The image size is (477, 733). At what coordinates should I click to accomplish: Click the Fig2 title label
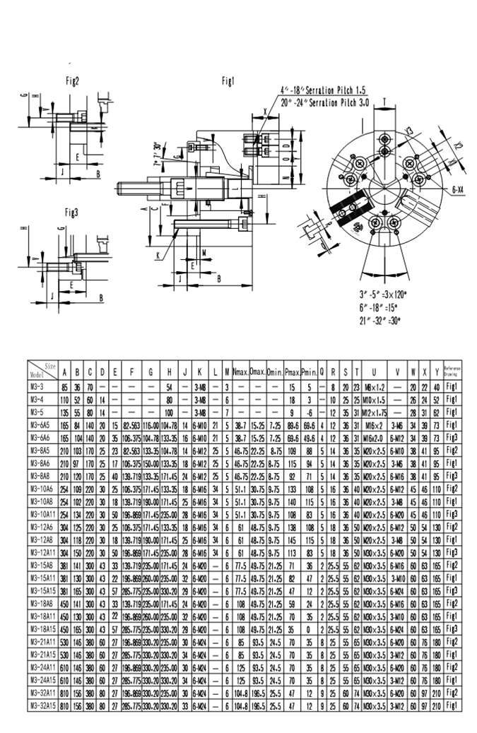coord(73,81)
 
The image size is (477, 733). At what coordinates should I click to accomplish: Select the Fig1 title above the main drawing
coord(228,81)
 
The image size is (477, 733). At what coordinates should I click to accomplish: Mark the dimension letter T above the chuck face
coord(384,102)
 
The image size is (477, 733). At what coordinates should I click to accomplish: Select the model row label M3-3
coord(36,387)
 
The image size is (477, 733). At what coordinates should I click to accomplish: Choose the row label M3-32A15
coord(40,705)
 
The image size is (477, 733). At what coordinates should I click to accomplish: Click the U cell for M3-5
coord(374,411)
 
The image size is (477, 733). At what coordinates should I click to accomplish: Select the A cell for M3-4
coord(64,399)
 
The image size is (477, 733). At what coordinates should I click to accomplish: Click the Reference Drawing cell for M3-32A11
coord(452,693)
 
